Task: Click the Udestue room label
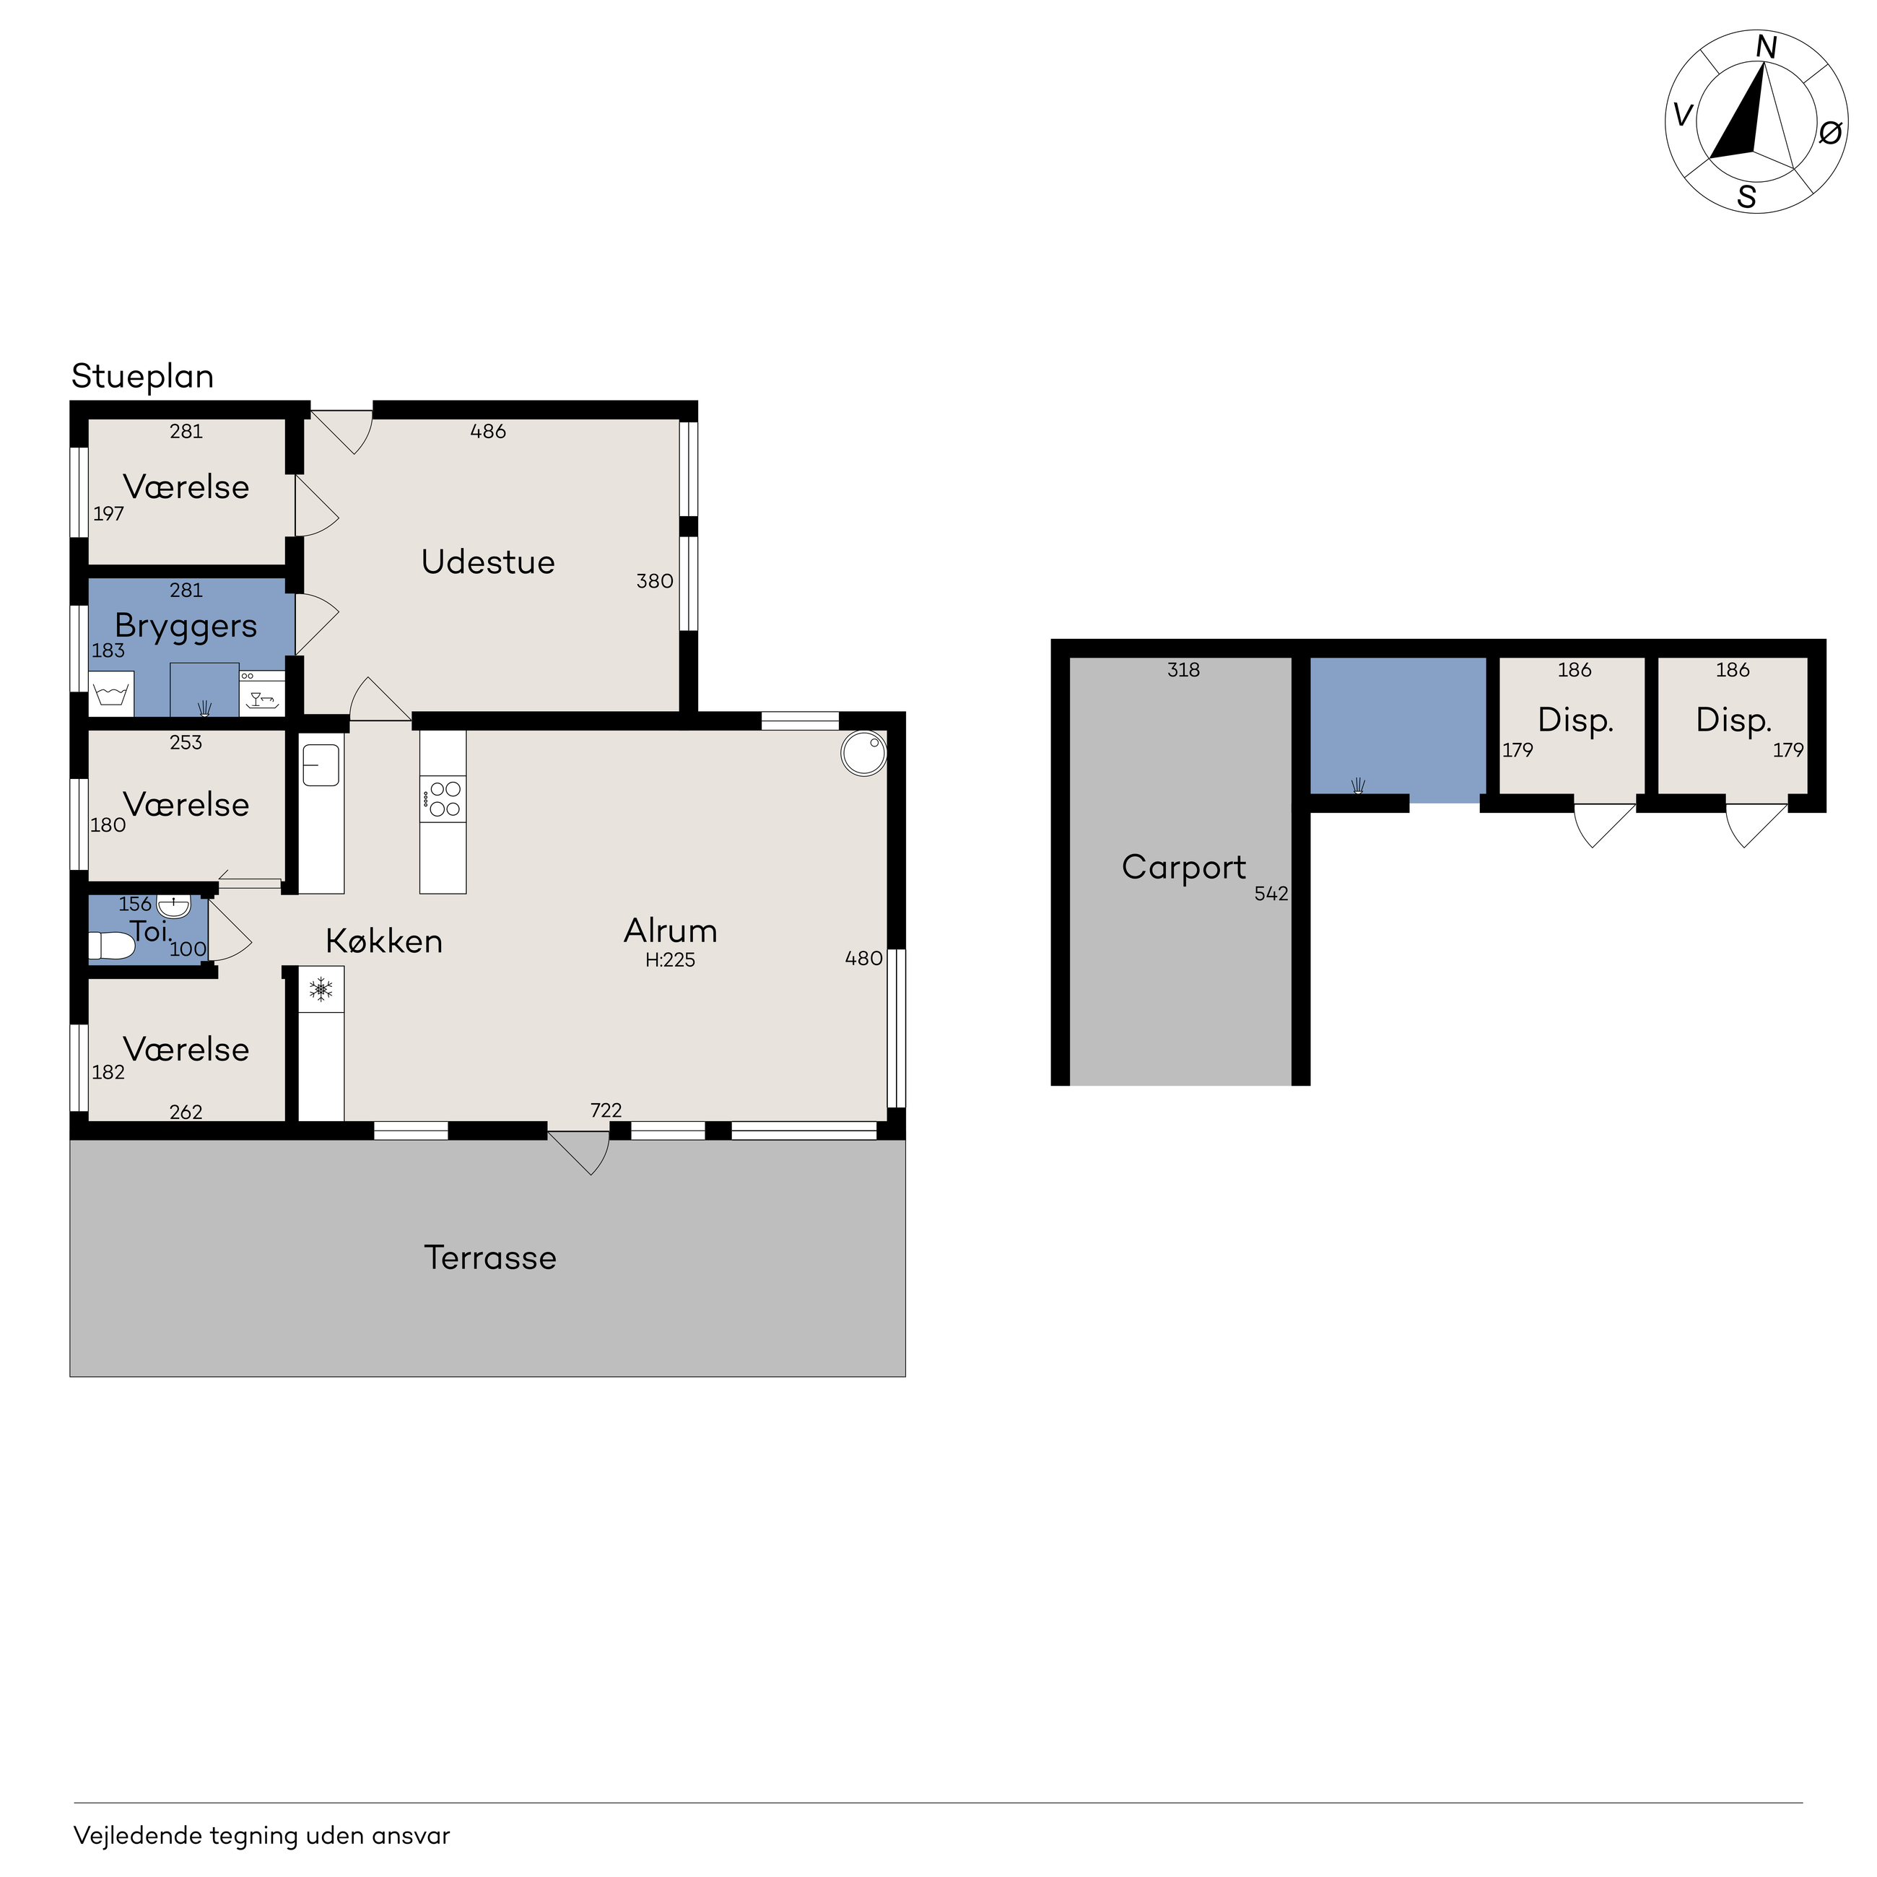coord(488,562)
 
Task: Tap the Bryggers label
coord(186,627)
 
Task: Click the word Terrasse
coord(491,1258)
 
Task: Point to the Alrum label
coord(671,931)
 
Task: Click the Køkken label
coord(384,941)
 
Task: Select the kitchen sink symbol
coord(321,765)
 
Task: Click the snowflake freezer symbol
coord(321,990)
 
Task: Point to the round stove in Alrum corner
coord(863,754)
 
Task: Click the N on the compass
coord(1767,48)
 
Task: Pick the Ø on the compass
coord(1830,132)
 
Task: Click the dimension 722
coord(606,1110)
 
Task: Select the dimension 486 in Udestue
coord(488,432)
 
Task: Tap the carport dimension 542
coord(1271,894)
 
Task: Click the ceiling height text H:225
coord(671,960)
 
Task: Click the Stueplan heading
coord(143,377)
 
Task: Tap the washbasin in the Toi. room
coord(174,907)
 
